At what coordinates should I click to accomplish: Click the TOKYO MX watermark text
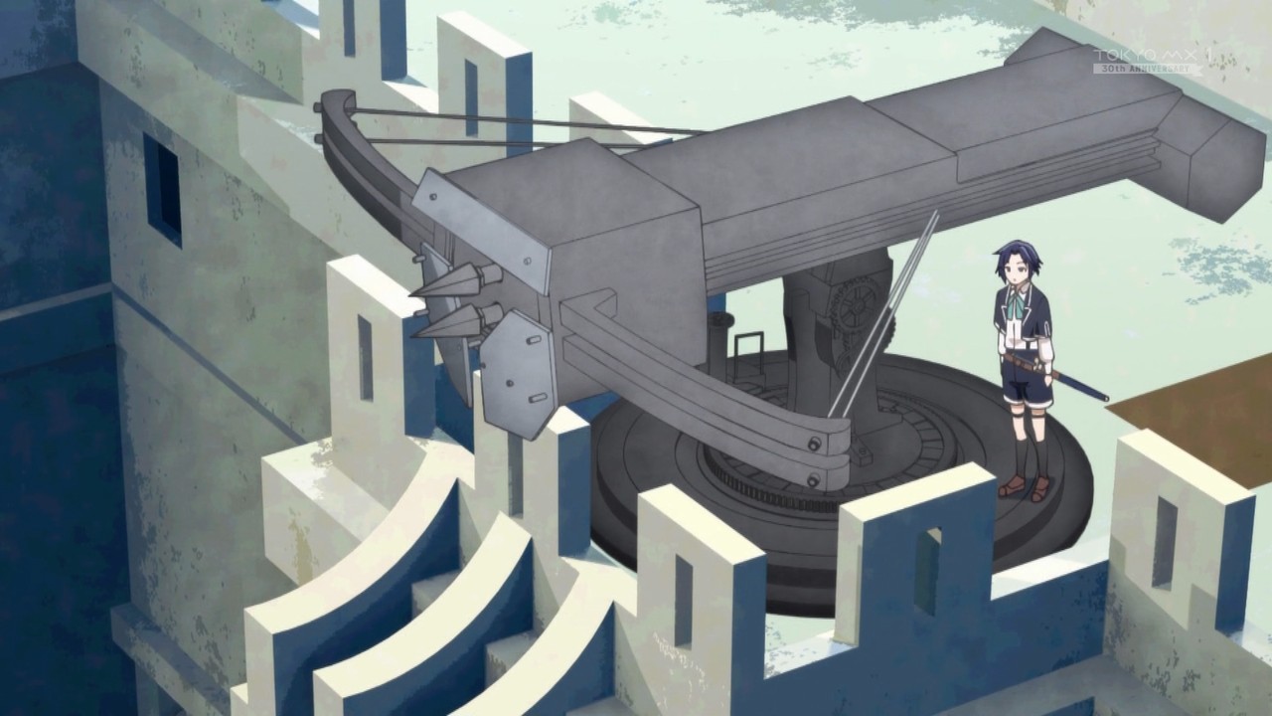1153,56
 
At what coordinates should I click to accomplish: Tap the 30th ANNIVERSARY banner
1147,69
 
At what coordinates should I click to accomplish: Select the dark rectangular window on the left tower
163,190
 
